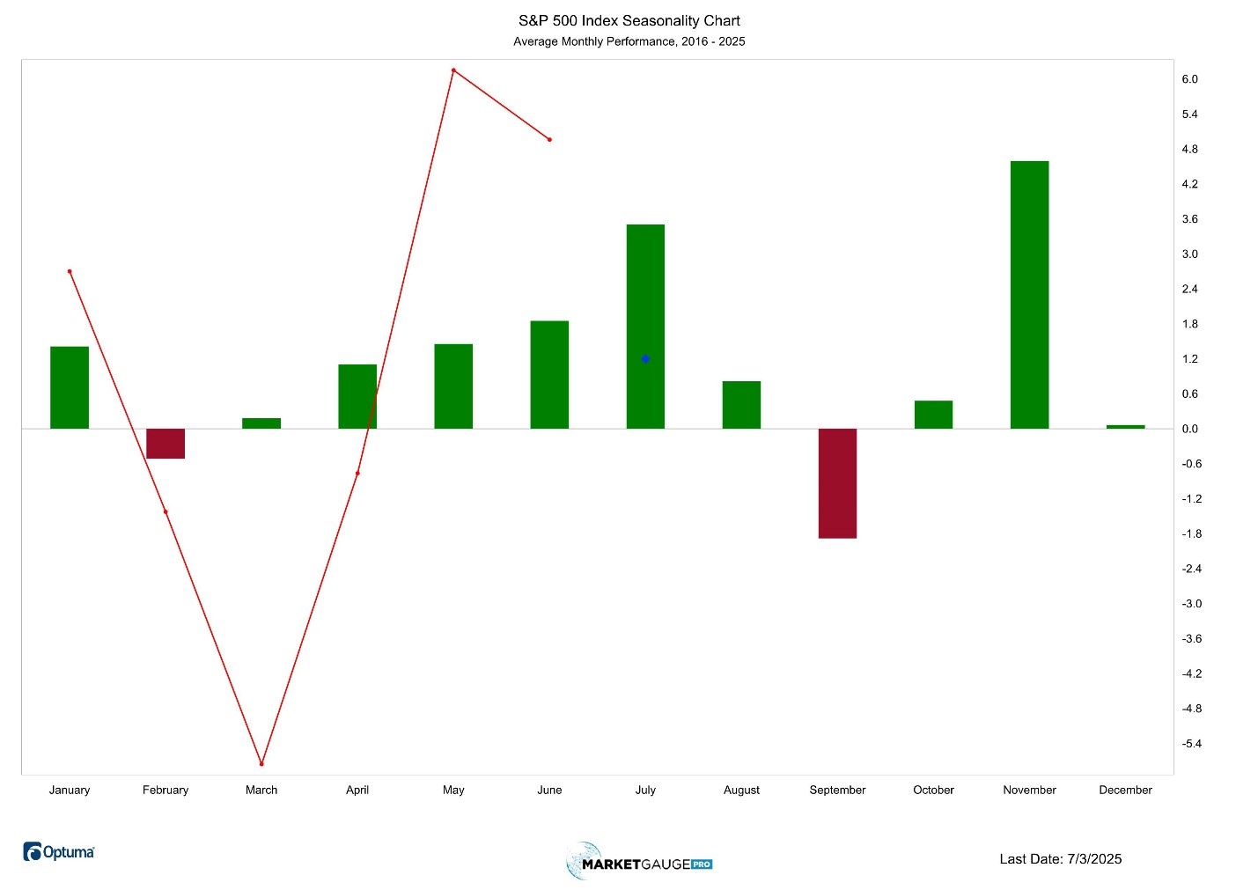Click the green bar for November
[x=1029, y=295]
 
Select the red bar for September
[x=837, y=483]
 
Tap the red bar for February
[x=166, y=444]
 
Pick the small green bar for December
[x=1125, y=427]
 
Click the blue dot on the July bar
[x=645, y=359]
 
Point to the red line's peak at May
[x=453, y=70]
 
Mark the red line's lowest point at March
[x=261, y=763]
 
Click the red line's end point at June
[x=549, y=139]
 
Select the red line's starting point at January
[x=70, y=271]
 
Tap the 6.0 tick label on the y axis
[x=1189, y=79]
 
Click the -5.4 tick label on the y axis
[x=1191, y=744]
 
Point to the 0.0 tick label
[x=1189, y=429]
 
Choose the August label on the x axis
[x=741, y=790]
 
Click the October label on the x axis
[x=933, y=790]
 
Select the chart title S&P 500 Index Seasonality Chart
[x=629, y=20]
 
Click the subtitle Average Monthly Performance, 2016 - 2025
[x=629, y=41]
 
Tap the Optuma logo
[x=59, y=851]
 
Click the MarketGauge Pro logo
[x=639, y=862]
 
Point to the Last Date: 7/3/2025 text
[x=1060, y=858]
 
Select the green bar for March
[x=261, y=423]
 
